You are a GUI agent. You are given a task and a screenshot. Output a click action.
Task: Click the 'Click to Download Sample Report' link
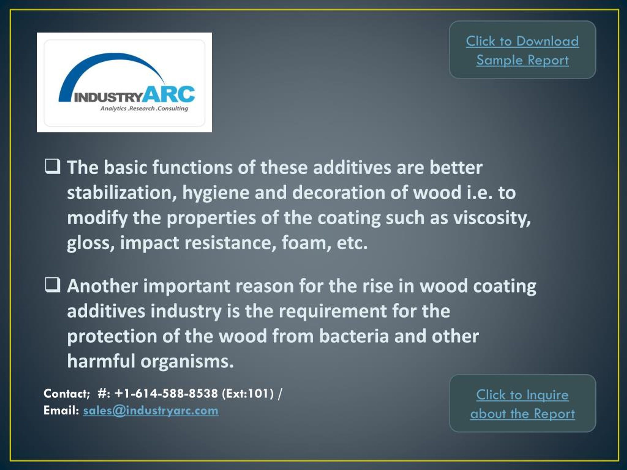(x=522, y=50)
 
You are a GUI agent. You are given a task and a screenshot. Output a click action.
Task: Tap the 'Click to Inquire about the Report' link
(x=522, y=404)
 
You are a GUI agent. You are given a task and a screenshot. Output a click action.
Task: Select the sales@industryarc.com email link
(x=151, y=411)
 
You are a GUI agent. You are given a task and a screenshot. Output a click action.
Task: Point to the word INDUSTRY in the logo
(x=108, y=98)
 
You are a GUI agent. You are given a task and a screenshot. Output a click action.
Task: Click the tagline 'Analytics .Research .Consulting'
(x=144, y=108)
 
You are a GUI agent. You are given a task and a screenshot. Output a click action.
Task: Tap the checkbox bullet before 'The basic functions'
(x=52, y=166)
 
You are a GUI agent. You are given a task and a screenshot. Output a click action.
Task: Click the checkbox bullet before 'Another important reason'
(x=52, y=285)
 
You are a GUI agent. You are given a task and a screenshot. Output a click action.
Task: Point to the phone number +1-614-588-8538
(x=166, y=394)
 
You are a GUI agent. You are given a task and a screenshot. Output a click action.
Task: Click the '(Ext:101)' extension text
(x=248, y=394)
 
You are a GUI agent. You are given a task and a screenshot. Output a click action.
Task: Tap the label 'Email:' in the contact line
(x=61, y=411)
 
